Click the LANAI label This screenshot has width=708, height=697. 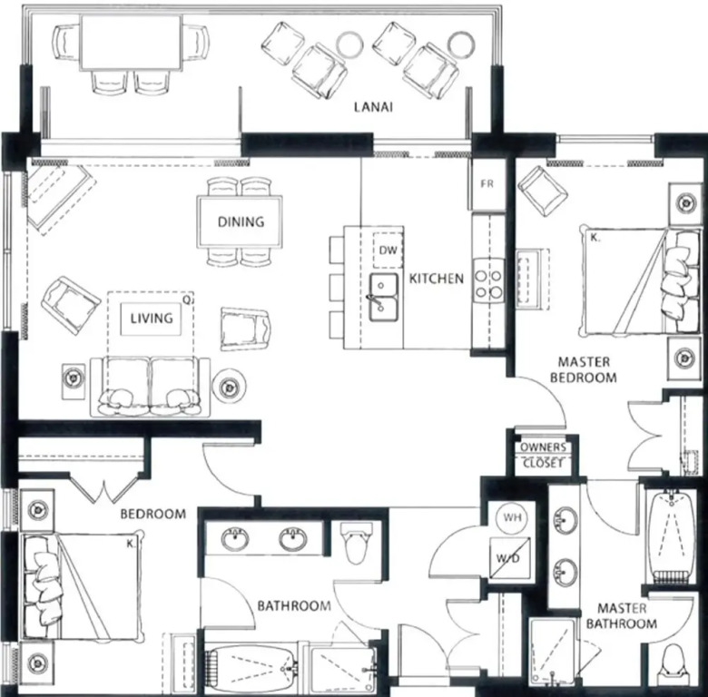click(373, 107)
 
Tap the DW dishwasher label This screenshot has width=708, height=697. click(388, 250)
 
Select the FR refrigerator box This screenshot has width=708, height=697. click(487, 183)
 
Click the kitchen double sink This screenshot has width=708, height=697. click(384, 297)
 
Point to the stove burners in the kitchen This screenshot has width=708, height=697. click(488, 283)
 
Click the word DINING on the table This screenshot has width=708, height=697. click(241, 221)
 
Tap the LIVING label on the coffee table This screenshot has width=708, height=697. click(152, 319)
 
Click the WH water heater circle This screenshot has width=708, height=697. click(512, 517)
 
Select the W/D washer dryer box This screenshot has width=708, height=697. click(508, 558)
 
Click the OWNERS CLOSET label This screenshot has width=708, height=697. click(543, 455)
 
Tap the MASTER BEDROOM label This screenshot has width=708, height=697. click(584, 369)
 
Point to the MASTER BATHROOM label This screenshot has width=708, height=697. click(621, 615)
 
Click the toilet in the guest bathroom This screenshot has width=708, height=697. click(356, 543)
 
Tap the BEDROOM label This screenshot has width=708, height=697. click(153, 514)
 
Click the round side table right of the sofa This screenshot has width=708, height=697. click(229, 387)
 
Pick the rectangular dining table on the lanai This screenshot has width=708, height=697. click(132, 42)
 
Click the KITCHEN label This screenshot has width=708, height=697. click(437, 279)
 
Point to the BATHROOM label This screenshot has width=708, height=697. click(294, 605)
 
